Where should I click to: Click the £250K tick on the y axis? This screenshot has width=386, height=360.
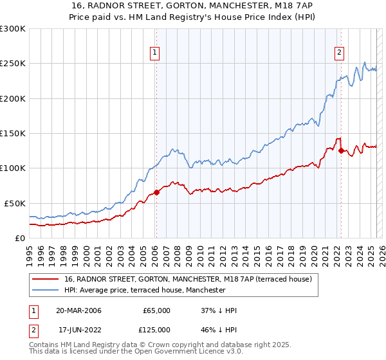(14, 64)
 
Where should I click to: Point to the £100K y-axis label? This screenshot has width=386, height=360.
(14, 168)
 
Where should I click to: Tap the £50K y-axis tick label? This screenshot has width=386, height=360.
(15, 203)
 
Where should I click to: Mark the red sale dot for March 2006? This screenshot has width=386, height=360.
(156, 192)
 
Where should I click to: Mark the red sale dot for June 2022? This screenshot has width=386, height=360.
(341, 150)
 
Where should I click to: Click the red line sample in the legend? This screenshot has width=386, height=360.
(45, 279)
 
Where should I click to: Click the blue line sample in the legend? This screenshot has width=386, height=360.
(45, 290)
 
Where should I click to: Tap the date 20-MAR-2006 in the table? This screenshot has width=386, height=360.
(78, 310)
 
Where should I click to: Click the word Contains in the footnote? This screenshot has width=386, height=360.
(44, 346)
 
